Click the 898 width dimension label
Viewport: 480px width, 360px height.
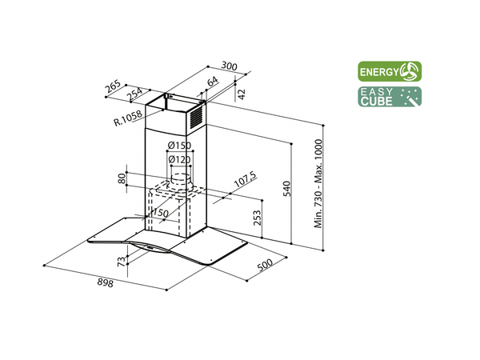[x=106, y=283]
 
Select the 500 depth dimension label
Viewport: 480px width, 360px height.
[x=265, y=265]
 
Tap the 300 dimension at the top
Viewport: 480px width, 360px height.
[x=229, y=66]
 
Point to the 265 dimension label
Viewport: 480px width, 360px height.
[x=113, y=86]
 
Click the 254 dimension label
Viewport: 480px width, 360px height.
[x=134, y=94]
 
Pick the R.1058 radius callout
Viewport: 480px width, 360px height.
[x=128, y=118]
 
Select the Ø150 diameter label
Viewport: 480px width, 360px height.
[x=179, y=145]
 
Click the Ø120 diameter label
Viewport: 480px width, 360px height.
[x=179, y=159]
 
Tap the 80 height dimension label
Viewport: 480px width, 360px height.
[x=122, y=178]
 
